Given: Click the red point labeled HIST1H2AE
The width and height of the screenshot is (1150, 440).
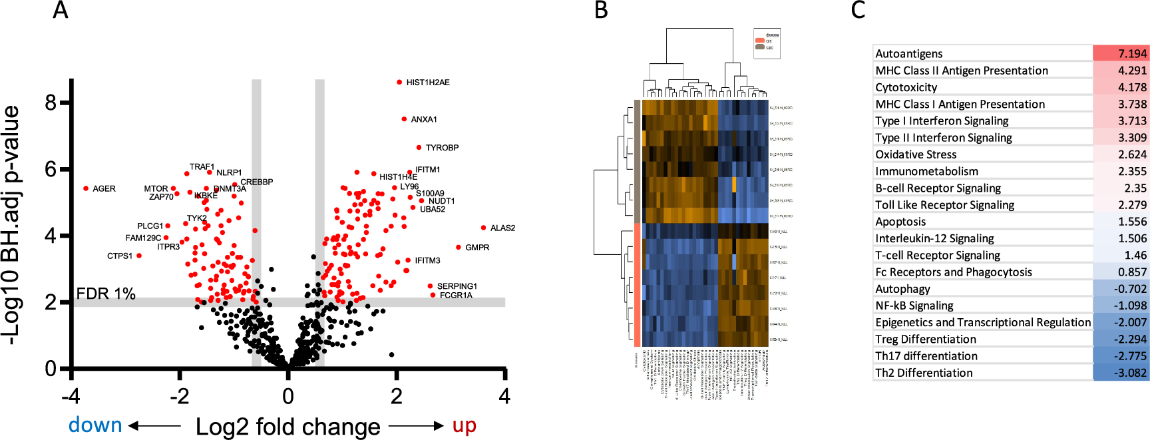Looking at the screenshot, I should (x=399, y=83).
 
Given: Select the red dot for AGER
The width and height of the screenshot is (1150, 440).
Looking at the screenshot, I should (x=86, y=188).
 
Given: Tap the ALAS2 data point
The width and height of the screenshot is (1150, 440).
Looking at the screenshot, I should (x=483, y=228).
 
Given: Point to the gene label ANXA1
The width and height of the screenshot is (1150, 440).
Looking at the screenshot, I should (x=424, y=120).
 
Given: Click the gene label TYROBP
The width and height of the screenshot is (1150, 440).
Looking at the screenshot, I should (x=442, y=148).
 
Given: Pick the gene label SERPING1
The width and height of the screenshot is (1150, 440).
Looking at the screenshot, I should (x=457, y=286).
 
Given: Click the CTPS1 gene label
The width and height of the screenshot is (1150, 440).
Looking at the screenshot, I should (x=120, y=256).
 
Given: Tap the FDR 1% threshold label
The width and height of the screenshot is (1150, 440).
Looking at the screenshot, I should (x=106, y=294).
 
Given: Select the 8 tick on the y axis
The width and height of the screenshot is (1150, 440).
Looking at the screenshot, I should (x=51, y=103).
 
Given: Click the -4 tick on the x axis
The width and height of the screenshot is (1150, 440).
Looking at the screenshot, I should (x=71, y=397).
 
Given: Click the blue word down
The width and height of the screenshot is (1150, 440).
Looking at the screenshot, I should (x=95, y=425).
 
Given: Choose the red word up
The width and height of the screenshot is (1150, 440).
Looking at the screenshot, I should (x=464, y=425).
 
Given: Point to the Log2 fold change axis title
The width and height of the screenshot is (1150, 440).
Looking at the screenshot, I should (x=287, y=427).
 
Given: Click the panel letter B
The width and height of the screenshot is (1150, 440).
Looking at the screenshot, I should (x=601, y=11).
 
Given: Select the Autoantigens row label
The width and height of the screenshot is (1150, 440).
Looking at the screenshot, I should (x=908, y=54).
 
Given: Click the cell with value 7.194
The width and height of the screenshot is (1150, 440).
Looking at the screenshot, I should (x=1121, y=54).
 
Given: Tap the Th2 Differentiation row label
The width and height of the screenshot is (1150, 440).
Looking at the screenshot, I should (x=924, y=373).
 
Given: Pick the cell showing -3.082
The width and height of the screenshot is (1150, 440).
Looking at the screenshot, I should (x=1121, y=373).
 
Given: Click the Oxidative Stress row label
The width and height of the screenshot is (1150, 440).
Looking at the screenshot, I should (x=916, y=154).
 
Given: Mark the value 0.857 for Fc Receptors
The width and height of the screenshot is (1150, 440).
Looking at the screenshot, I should (x=1121, y=272).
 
